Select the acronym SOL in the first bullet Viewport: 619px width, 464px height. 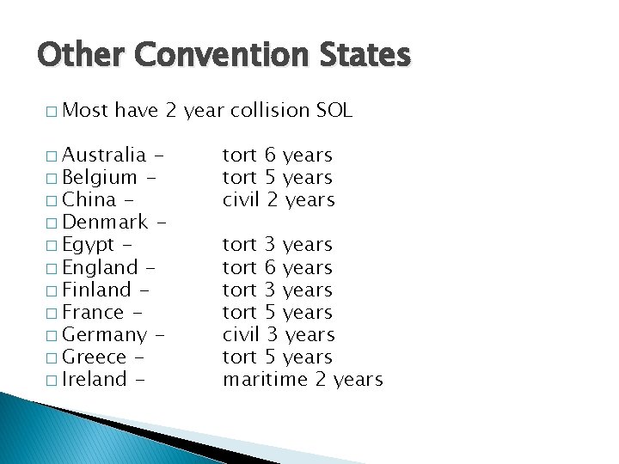pos(334,110)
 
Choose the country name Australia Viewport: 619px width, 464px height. pos(104,155)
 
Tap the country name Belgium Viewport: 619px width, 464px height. pos(100,177)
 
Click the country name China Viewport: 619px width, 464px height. pos(89,199)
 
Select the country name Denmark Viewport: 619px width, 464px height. pos(104,222)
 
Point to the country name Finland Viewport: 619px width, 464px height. pos(96,290)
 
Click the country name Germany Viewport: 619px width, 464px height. pos(104,335)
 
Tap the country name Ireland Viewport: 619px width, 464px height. pos(95,379)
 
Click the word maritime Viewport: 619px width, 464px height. pos(265,379)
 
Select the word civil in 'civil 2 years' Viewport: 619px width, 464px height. pos(240,199)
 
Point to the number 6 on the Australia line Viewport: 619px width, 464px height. pos(270,155)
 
